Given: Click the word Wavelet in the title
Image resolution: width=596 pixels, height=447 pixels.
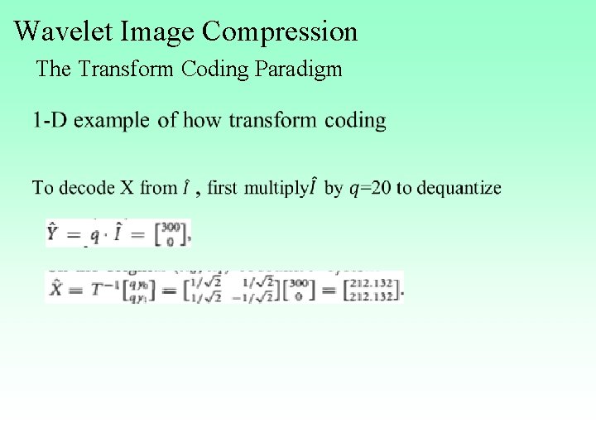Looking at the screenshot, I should click(64, 31).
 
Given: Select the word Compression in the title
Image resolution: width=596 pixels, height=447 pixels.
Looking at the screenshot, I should click(280, 31).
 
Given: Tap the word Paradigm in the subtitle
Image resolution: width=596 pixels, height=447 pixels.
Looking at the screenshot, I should click(299, 69).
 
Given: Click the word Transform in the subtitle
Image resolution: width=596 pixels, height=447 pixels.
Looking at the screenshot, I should click(123, 69).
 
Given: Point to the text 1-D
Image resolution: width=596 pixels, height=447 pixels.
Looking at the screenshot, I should click(50, 121).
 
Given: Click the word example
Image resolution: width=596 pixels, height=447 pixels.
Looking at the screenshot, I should click(113, 121).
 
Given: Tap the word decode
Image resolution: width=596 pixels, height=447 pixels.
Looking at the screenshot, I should click(87, 188).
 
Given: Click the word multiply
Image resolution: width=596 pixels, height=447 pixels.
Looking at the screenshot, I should click(275, 188).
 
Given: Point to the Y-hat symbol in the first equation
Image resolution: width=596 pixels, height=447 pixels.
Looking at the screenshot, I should click(55, 233).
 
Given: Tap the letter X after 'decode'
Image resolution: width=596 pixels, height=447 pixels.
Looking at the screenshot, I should click(127, 188).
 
